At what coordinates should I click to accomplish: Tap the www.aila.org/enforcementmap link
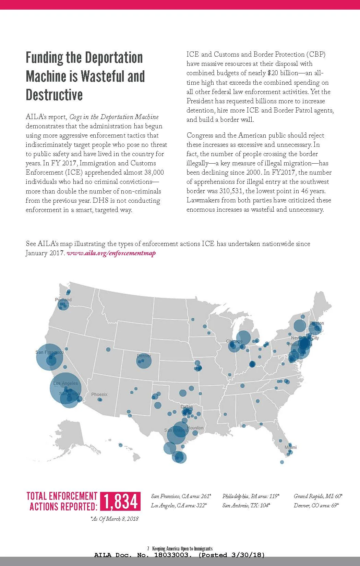111,253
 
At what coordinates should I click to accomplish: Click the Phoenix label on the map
99,394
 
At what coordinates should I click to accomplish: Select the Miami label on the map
291,447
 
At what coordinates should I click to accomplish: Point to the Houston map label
195,428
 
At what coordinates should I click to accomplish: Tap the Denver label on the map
144,356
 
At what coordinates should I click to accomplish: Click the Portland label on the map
63,300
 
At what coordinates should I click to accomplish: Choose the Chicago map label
234,341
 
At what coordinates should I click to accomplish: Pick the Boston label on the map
317,323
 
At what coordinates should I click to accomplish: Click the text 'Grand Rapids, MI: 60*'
318,496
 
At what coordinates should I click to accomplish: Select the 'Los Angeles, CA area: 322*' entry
179,506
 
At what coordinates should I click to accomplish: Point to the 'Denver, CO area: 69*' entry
316,506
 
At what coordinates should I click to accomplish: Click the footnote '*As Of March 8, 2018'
115,519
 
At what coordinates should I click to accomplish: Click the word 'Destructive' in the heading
54,95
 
